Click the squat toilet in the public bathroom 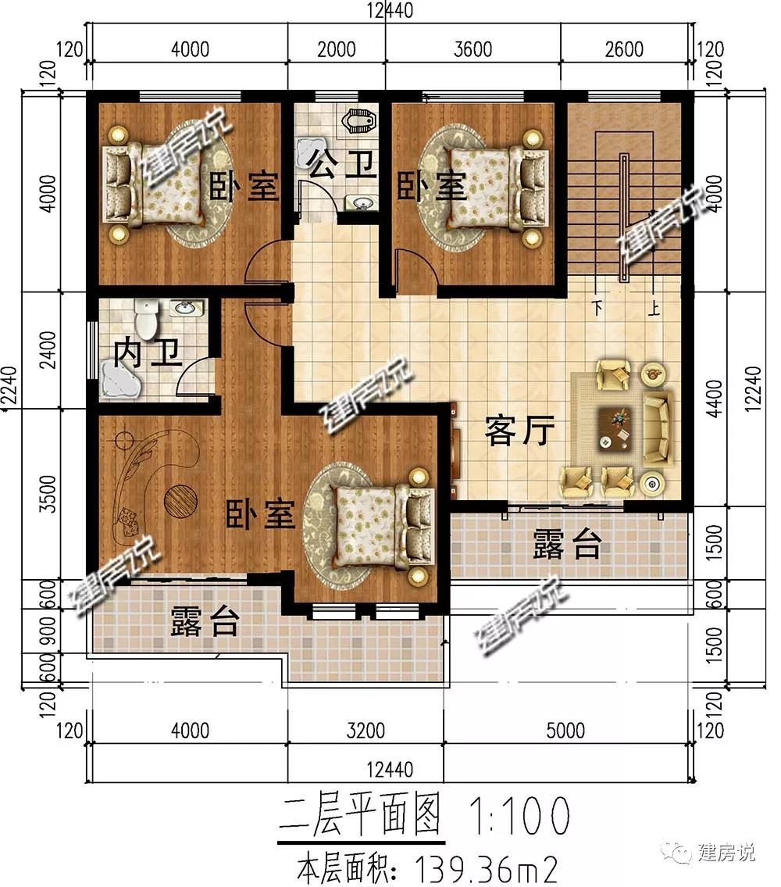[358, 120]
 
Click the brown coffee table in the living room [615, 428]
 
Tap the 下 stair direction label [597, 308]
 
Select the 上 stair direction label [654, 308]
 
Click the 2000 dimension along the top [337, 49]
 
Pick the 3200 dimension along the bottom [366, 730]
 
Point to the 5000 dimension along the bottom [565, 730]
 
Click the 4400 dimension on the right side [715, 399]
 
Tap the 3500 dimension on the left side [50, 494]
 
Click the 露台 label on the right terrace [567, 545]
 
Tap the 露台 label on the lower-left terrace [205, 621]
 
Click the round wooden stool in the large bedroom [180, 501]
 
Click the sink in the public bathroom [361, 202]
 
